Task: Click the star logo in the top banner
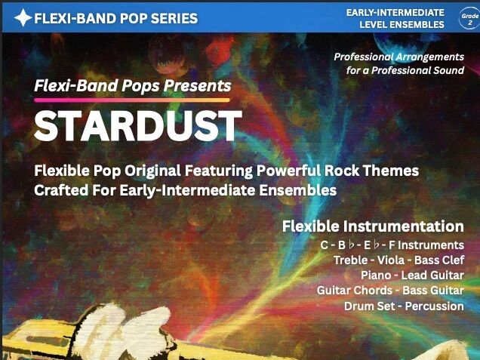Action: click(x=23, y=17)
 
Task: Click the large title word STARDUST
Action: click(x=137, y=126)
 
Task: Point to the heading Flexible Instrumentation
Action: click(x=373, y=226)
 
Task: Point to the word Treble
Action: click(x=352, y=260)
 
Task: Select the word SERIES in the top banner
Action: click(x=173, y=17)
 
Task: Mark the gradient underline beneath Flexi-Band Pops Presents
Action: click(x=132, y=100)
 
